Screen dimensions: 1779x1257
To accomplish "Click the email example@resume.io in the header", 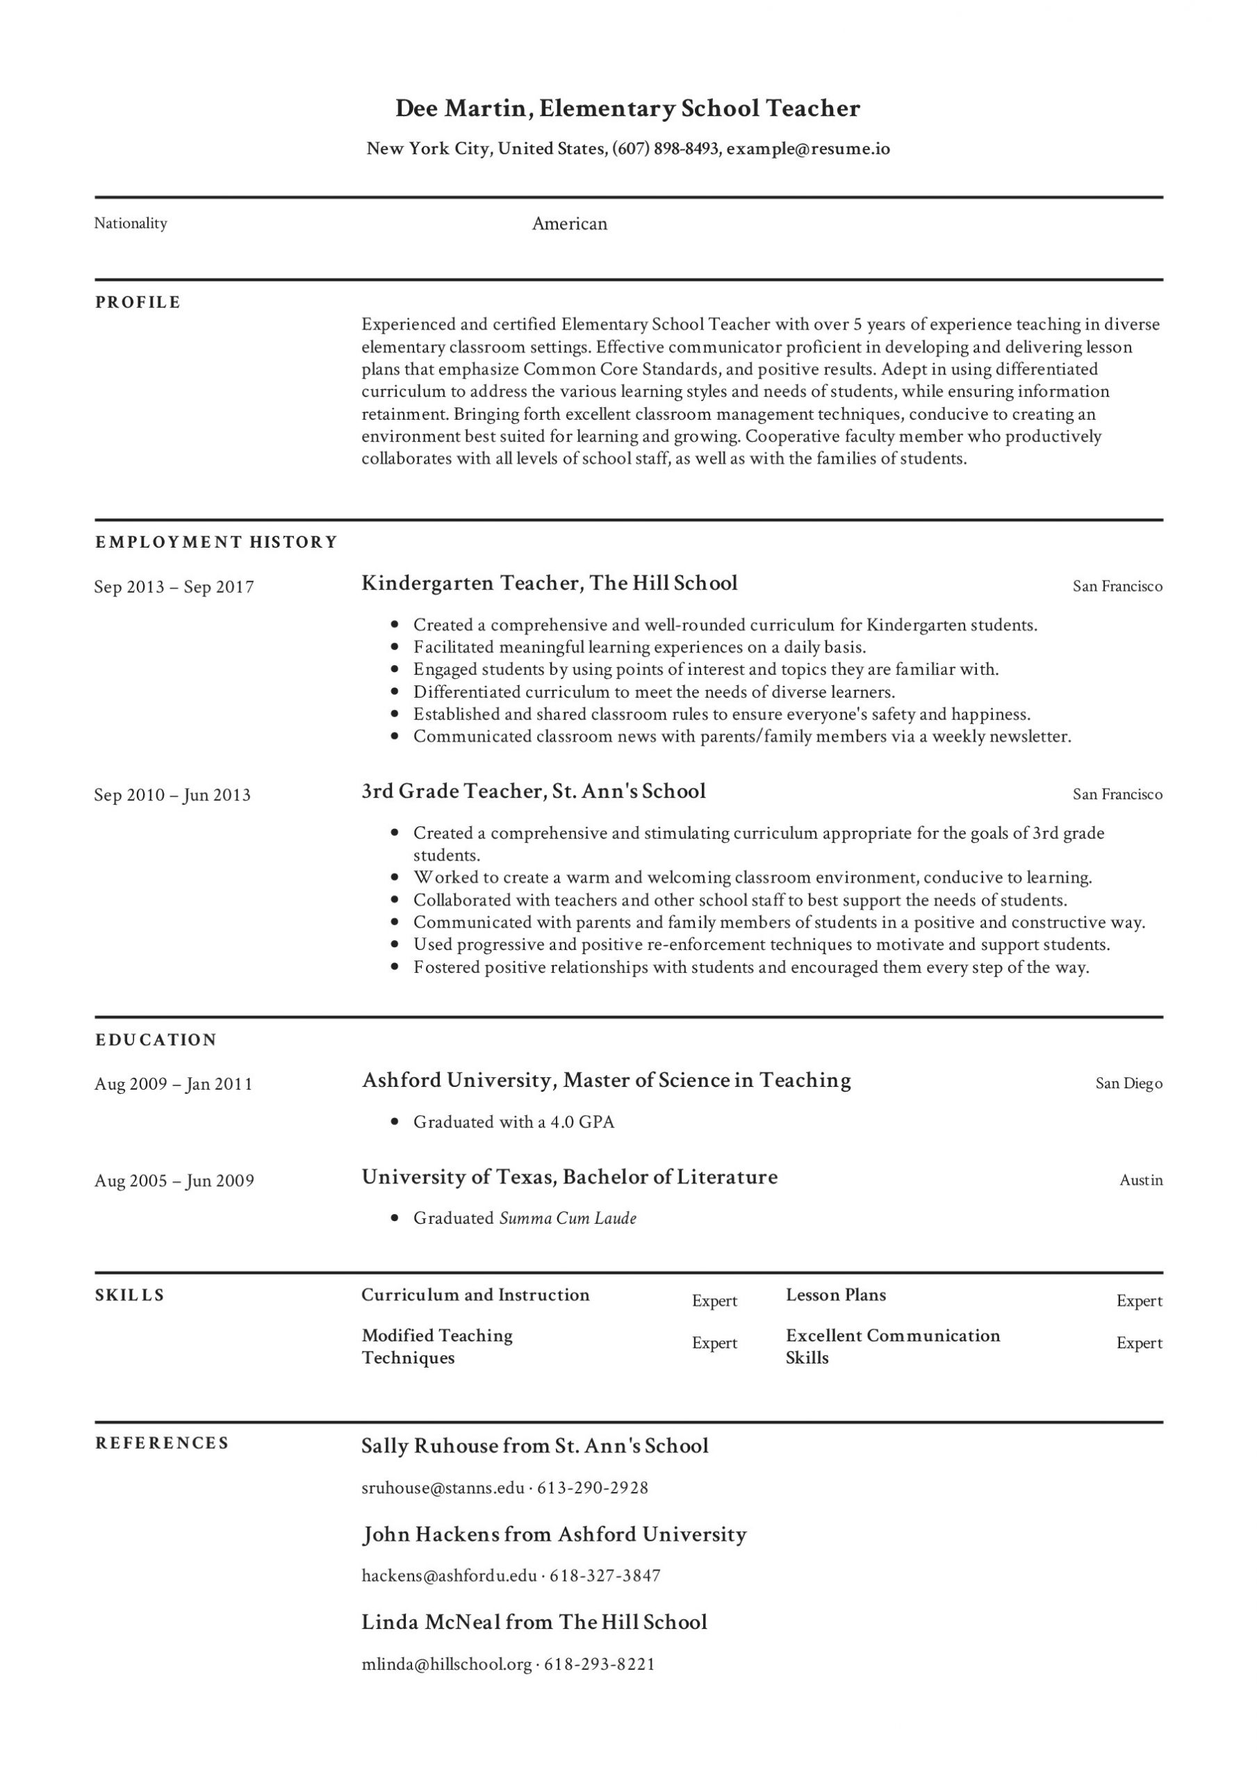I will pos(807,148).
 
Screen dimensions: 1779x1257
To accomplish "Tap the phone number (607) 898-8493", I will pos(665,148).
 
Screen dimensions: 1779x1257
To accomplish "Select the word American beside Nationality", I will pos(570,224).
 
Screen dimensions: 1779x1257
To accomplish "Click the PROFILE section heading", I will pos(138,302).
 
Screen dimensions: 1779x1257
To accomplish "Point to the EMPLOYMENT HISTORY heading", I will pos(216,541).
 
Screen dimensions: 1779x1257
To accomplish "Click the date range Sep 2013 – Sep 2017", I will pos(174,587).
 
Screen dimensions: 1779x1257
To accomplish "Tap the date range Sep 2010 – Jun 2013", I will pos(172,795).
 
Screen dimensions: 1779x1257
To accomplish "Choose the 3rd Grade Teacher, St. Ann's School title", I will pos(533,791).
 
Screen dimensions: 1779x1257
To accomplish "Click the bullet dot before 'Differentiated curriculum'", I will pos(395,691).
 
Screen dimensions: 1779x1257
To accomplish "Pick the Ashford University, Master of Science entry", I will pos(606,1080).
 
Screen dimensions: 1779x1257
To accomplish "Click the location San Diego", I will pos(1128,1083).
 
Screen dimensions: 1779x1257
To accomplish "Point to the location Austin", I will pos(1141,1180).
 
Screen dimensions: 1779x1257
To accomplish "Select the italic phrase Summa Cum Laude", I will pos(568,1218).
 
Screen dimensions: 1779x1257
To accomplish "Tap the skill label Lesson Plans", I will pos(835,1295).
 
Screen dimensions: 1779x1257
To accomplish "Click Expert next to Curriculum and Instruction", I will pos(714,1301).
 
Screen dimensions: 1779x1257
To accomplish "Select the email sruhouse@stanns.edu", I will pos(443,1488).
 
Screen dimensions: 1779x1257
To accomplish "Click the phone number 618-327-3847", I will pos(605,1575).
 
